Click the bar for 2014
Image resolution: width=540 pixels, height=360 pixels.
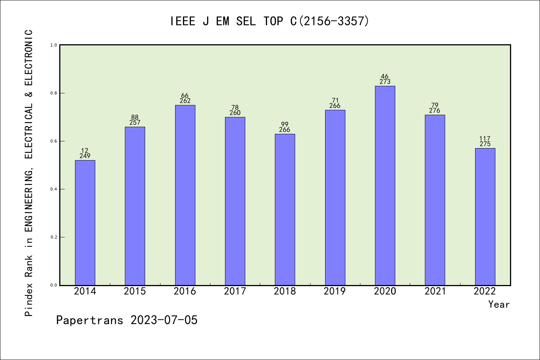point(85,223)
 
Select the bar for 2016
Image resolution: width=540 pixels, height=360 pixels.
point(185,195)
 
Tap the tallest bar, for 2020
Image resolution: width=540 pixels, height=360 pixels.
point(385,186)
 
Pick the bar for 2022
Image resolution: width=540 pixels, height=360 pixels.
point(485,217)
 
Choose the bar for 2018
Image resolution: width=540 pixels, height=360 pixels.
point(285,210)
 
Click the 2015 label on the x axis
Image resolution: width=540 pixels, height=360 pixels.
point(135,291)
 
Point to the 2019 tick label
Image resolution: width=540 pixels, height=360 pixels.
point(334,291)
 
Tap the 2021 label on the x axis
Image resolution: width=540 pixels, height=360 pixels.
point(435,291)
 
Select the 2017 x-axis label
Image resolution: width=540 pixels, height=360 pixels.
point(235,291)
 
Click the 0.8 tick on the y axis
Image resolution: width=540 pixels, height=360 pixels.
point(54,93)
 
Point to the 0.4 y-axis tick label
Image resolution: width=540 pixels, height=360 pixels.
point(54,189)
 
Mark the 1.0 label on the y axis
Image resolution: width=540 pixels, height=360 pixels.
point(54,45)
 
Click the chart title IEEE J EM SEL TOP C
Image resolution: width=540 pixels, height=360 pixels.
point(270,21)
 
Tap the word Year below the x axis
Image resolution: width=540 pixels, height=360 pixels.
point(499,304)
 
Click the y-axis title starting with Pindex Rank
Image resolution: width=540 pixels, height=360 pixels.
point(29,172)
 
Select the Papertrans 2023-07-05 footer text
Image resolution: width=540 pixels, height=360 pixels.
point(127,320)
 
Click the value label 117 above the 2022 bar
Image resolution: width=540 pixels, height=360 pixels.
point(485,139)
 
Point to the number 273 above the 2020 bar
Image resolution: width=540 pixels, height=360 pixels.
point(385,82)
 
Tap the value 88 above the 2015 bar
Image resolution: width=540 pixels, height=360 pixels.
point(135,117)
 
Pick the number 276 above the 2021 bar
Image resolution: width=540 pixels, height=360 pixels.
point(435,111)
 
